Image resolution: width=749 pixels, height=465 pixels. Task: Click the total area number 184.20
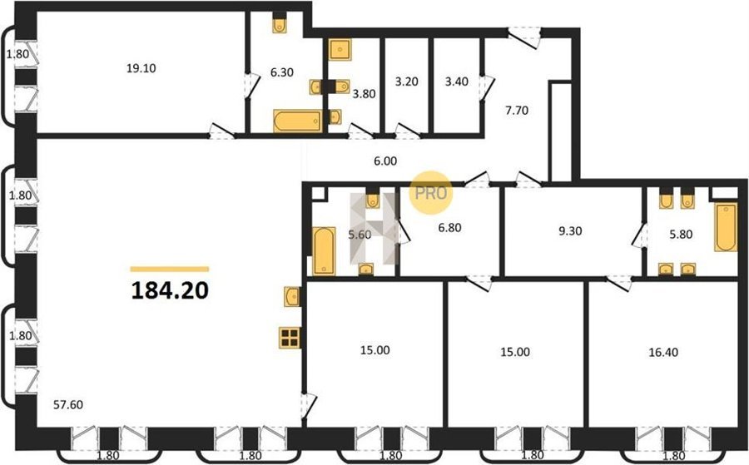(x=170, y=289)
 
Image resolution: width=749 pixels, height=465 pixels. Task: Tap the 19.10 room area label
(x=141, y=68)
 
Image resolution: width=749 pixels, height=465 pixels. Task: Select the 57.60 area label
(x=68, y=405)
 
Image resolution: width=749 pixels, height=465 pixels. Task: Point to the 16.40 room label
(x=663, y=353)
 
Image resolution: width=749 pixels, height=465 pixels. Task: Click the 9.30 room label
(x=570, y=231)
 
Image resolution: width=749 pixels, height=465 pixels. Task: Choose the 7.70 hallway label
(x=517, y=111)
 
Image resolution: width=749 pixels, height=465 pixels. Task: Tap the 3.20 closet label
(x=406, y=82)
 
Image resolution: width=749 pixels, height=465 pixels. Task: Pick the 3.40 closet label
(x=457, y=82)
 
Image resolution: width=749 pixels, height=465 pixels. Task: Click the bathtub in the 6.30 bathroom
(x=298, y=121)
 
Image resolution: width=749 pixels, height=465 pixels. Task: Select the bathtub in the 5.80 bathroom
(x=726, y=227)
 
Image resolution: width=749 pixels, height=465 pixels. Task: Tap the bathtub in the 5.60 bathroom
(x=324, y=251)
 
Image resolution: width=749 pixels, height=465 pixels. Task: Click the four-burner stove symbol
(x=290, y=338)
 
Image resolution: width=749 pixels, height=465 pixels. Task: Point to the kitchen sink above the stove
(x=291, y=296)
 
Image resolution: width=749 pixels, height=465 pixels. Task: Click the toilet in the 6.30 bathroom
(x=280, y=23)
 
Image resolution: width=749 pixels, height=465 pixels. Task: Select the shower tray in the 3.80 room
(x=340, y=49)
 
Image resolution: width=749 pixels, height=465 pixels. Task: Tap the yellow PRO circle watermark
(x=431, y=192)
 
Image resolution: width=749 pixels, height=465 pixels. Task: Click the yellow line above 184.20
(x=170, y=269)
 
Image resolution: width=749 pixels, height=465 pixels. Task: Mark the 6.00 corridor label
(x=385, y=161)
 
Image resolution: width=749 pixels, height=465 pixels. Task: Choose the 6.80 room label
(x=450, y=228)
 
